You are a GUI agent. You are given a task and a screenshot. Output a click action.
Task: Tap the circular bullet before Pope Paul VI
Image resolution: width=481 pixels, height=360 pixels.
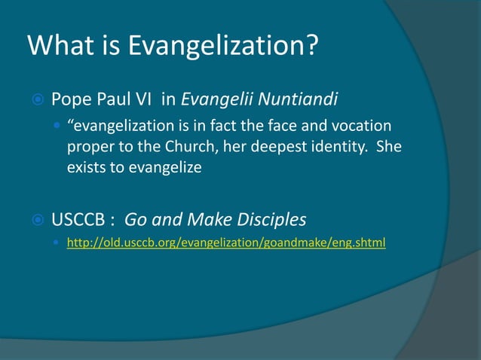(x=36, y=99)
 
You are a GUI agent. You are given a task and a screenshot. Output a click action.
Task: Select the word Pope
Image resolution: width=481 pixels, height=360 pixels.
(x=71, y=99)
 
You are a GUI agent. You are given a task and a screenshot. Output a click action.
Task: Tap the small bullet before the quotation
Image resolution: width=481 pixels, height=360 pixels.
(x=58, y=124)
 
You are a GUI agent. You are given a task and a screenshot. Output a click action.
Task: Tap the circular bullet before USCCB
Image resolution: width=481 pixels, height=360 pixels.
(x=36, y=221)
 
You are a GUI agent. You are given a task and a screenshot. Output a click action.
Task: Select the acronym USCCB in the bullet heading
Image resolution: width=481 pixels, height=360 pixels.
(x=78, y=221)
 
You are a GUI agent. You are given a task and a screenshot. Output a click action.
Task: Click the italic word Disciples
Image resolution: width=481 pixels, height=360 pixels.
(x=272, y=221)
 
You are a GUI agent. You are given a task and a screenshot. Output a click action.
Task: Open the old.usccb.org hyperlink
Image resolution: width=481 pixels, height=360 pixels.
(x=226, y=244)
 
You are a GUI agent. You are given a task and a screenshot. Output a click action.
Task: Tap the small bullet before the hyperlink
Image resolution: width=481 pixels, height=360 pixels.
(x=58, y=244)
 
